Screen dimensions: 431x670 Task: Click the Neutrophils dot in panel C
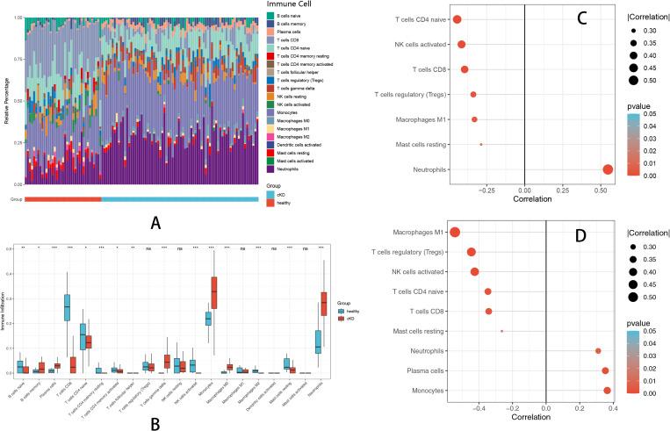click(608, 169)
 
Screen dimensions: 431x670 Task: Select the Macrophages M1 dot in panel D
click(455, 232)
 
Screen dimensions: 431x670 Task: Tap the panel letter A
click(155, 223)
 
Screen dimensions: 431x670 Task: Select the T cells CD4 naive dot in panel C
click(457, 19)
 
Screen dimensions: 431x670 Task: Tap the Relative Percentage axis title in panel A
click(7, 101)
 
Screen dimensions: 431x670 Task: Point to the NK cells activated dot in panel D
click(475, 271)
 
